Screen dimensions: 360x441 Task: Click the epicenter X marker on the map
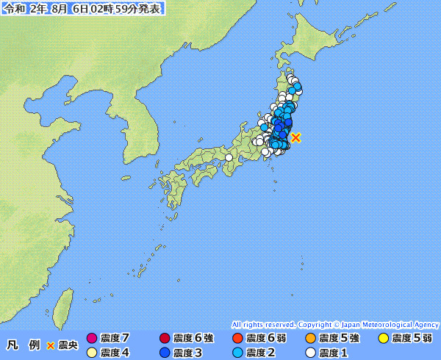point(295,137)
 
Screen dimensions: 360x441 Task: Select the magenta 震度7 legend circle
point(92,339)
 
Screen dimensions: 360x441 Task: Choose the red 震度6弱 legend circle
point(237,339)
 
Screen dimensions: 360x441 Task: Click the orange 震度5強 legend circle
point(310,339)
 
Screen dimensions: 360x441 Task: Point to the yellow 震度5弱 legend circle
point(383,339)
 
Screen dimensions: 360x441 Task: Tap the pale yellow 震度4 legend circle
point(92,353)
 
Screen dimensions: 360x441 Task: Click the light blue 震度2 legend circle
point(237,353)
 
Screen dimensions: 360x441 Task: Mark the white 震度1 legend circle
point(310,353)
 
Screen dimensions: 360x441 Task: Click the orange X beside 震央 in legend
point(51,345)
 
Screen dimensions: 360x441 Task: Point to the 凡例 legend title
point(24,345)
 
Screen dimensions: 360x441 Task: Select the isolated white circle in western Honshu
point(229,157)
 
